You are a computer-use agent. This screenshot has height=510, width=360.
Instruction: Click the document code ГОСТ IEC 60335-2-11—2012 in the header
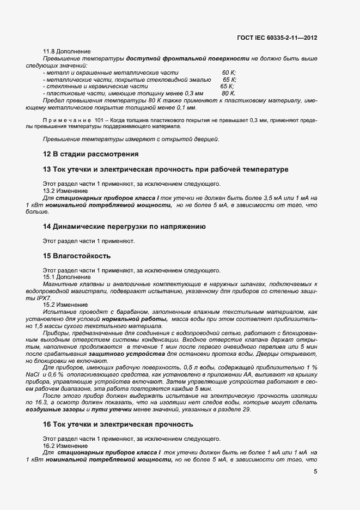click(277, 38)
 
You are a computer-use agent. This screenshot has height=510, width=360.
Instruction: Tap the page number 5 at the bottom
click(316, 472)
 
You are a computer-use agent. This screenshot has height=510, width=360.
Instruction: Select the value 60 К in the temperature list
click(229, 72)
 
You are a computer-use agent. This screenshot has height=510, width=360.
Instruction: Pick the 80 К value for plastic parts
click(228, 93)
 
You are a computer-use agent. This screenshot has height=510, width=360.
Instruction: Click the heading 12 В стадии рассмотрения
click(90, 154)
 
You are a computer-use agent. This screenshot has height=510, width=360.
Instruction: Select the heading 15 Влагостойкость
click(77, 256)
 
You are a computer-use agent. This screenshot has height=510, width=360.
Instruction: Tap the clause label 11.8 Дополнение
click(66, 51)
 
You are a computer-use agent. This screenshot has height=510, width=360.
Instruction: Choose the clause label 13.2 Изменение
click(65, 191)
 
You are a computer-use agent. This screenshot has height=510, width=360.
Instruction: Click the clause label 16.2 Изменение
click(65, 446)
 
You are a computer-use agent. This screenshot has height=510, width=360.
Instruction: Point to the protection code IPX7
click(35, 298)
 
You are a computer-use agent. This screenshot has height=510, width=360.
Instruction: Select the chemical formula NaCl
click(33, 375)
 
